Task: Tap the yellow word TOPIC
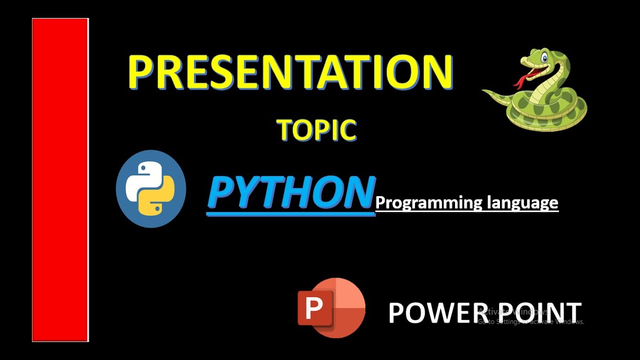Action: [316, 130]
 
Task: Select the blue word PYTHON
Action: [291, 192]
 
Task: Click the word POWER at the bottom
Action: [431, 312]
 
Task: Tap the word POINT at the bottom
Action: [540, 312]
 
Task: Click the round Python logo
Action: [151, 189]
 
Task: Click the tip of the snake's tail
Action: [484, 90]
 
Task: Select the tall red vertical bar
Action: [60, 180]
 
